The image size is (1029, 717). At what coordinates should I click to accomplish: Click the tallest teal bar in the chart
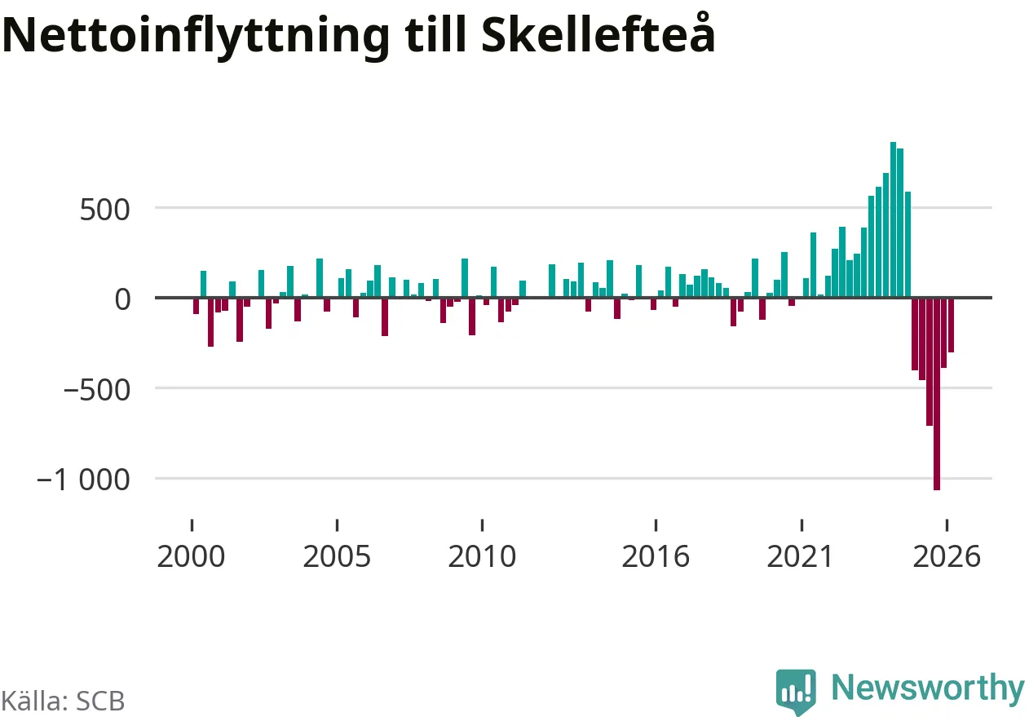pyautogui.click(x=893, y=219)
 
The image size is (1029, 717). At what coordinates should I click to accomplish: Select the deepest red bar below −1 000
pyautogui.click(x=937, y=394)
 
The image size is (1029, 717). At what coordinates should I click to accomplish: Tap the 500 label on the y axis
pyautogui.click(x=104, y=210)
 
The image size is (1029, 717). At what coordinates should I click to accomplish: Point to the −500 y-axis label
pyautogui.click(x=97, y=391)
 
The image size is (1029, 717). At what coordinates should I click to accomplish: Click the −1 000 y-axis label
pyautogui.click(x=84, y=480)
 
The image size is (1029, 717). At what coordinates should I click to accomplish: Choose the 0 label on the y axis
pyautogui.click(x=122, y=299)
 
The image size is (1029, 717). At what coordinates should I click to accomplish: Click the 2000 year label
pyautogui.click(x=191, y=557)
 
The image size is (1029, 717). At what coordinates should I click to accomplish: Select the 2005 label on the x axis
pyautogui.click(x=337, y=557)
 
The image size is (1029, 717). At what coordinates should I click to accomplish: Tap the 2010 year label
pyautogui.click(x=482, y=557)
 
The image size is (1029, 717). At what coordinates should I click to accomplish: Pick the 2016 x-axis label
pyautogui.click(x=656, y=557)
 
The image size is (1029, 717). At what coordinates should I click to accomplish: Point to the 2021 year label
pyautogui.click(x=800, y=557)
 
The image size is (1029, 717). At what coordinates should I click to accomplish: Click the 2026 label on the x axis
pyautogui.click(x=947, y=557)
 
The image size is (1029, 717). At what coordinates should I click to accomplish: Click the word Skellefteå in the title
pyautogui.click(x=598, y=33)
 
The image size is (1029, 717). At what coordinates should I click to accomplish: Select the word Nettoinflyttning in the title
pyautogui.click(x=196, y=37)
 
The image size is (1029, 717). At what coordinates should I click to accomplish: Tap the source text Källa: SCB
pyautogui.click(x=63, y=702)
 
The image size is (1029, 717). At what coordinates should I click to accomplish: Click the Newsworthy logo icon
pyautogui.click(x=796, y=691)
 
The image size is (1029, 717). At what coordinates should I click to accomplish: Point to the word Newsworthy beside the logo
pyautogui.click(x=928, y=688)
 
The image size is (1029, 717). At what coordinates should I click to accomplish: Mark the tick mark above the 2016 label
pyautogui.click(x=656, y=525)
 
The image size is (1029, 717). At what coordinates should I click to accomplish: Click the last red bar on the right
pyautogui.click(x=951, y=325)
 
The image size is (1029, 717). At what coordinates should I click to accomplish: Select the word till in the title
pyautogui.click(x=435, y=34)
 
